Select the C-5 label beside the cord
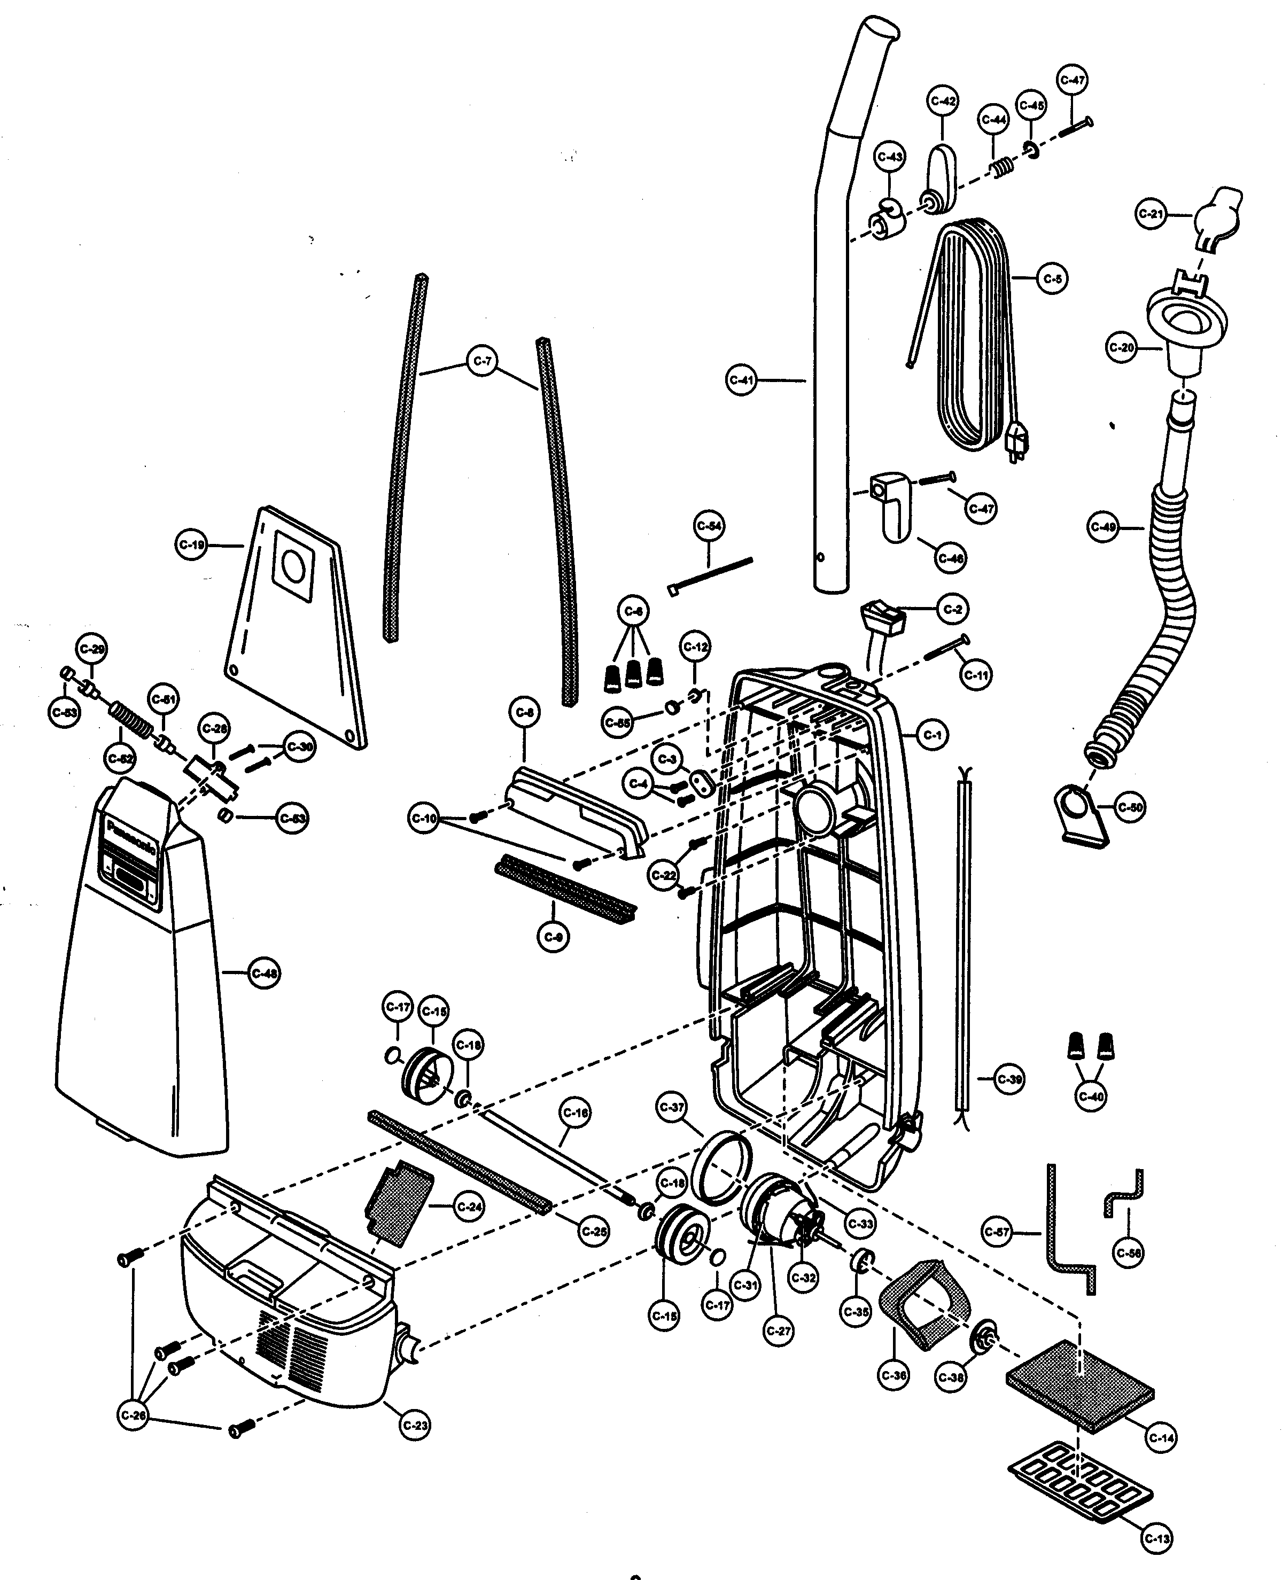pyautogui.click(x=1052, y=278)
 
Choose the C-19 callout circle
pyautogui.click(x=192, y=546)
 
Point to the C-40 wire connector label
pyautogui.click(x=1091, y=1096)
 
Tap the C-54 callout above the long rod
pyautogui.click(x=709, y=526)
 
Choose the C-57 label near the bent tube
pyautogui.click(x=997, y=1232)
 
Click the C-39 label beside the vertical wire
pyautogui.click(x=1009, y=1079)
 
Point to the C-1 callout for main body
pyautogui.click(x=932, y=735)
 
